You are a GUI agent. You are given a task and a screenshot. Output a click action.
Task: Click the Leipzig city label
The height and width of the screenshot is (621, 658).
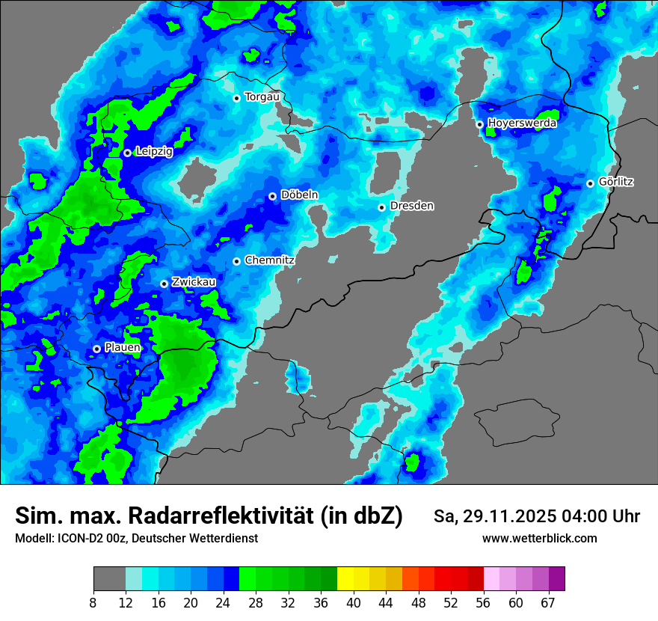[154, 152]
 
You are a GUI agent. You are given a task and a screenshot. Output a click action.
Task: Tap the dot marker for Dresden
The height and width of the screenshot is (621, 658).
[381, 207]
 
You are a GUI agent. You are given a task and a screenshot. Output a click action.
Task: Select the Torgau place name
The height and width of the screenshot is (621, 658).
[262, 97]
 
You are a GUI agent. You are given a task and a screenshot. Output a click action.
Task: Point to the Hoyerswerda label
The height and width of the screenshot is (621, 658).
[522, 123]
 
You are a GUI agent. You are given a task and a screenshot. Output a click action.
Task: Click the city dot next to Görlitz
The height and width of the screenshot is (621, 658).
[590, 183]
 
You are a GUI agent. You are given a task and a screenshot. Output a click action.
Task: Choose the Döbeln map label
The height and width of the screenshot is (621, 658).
[299, 195]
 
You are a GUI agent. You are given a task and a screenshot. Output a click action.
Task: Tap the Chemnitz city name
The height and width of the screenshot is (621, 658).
[270, 260]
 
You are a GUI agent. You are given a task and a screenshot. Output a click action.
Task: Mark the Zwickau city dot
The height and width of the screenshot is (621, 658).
[164, 284]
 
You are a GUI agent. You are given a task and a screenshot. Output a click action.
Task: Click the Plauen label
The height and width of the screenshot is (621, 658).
[123, 348]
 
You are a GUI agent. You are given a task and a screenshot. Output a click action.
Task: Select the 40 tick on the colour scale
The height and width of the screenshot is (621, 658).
[354, 602]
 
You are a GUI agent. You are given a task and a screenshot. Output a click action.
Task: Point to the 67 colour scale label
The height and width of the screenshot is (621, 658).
[548, 602]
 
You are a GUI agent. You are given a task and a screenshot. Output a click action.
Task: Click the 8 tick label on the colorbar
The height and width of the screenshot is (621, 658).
[93, 602]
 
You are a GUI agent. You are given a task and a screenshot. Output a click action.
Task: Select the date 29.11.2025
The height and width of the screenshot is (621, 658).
[505, 516]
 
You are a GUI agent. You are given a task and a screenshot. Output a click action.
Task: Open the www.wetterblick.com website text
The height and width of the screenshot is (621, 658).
[539, 538]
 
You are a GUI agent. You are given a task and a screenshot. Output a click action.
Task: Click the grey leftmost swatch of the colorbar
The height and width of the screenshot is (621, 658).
[109, 579]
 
